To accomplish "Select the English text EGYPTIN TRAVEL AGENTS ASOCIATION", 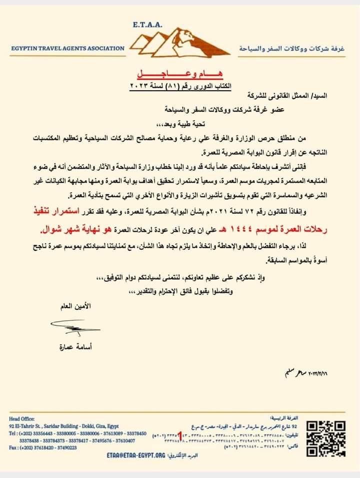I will (x=68, y=49).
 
